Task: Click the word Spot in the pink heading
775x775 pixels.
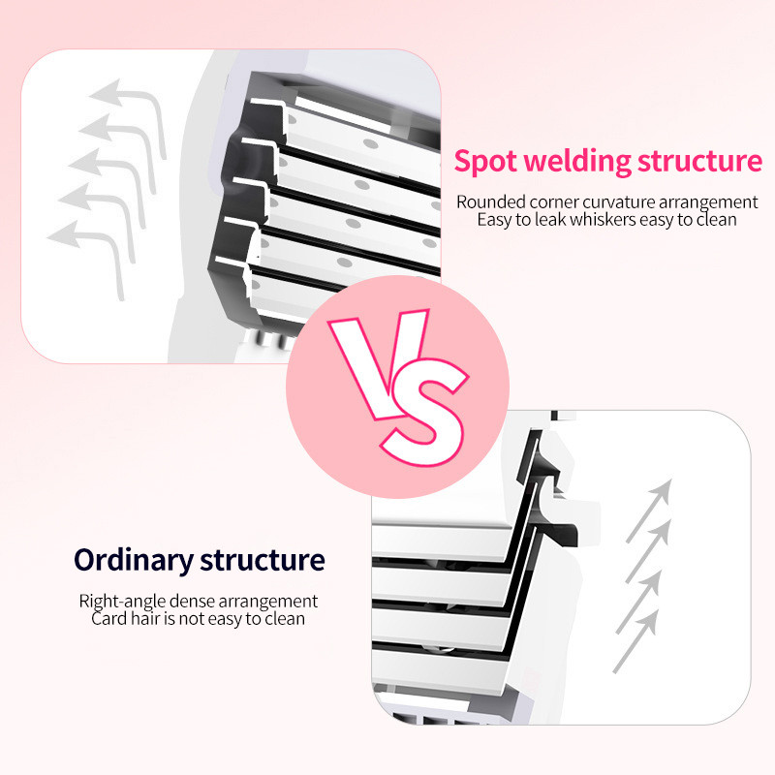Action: point(485,162)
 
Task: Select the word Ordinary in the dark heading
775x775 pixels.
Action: point(133,561)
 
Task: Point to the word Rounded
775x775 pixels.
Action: point(490,201)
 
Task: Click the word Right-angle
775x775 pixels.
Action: point(122,601)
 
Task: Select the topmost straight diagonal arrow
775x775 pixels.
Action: point(649,511)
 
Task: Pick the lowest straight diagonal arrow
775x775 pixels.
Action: point(636,641)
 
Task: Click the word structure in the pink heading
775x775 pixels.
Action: point(699,162)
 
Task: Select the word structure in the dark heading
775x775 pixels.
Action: point(263,561)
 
